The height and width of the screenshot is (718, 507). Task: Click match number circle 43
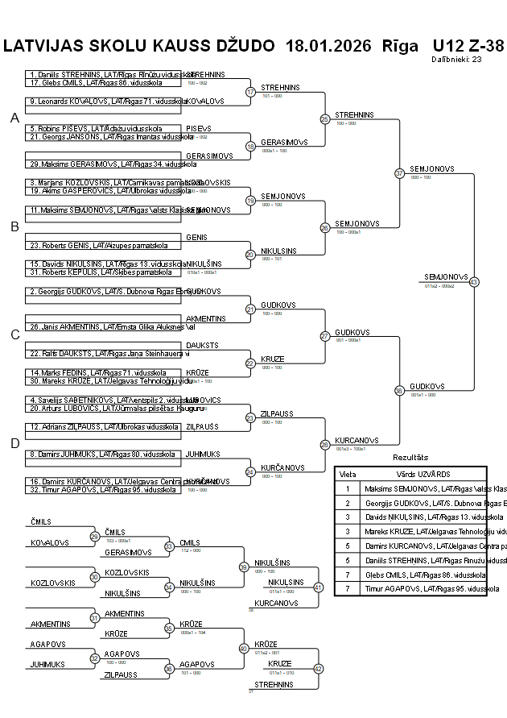pos(474,282)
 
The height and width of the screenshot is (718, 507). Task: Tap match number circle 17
pos(250,92)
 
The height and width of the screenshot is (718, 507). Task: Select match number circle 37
pos(399,173)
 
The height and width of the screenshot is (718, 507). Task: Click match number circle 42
pos(318,669)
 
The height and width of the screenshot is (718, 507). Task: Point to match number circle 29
pos(95,537)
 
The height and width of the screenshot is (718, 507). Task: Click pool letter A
pos(14,118)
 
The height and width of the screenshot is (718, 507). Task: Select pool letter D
pos(14,443)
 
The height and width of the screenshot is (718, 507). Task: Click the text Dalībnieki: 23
pos(456,59)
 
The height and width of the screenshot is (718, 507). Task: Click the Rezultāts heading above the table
pos(410,458)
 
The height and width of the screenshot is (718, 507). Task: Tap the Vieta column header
pos(348,475)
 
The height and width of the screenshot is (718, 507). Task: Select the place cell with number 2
pos(348,503)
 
